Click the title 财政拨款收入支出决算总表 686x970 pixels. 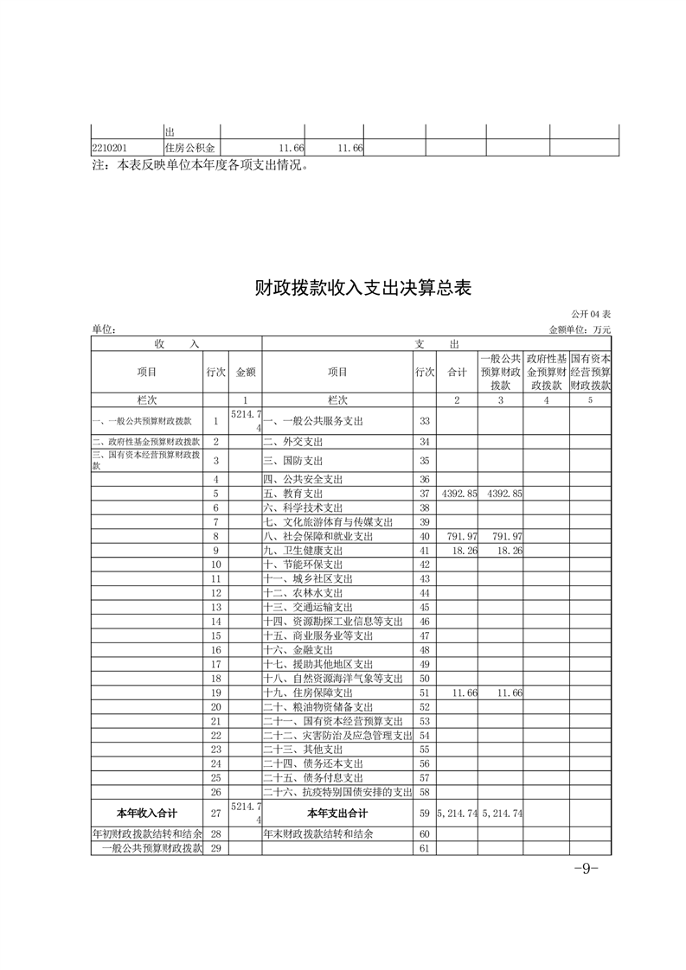(x=362, y=288)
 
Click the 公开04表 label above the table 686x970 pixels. (x=590, y=314)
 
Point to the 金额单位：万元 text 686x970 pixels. (x=580, y=329)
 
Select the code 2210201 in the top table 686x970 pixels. (x=110, y=148)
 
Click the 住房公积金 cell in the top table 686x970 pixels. (x=189, y=148)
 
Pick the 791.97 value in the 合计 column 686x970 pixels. (x=459, y=537)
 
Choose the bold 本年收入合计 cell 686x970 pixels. (x=146, y=814)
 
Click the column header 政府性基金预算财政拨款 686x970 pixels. (x=546, y=372)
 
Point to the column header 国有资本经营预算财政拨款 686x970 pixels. (x=591, y=372)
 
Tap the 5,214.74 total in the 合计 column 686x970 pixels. (x=458, y=814)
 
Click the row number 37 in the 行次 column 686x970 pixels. (x=424, y=493)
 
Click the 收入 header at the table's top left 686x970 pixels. (x=176, y=343)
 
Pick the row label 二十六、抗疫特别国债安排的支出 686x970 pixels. (x=337, y=792)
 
